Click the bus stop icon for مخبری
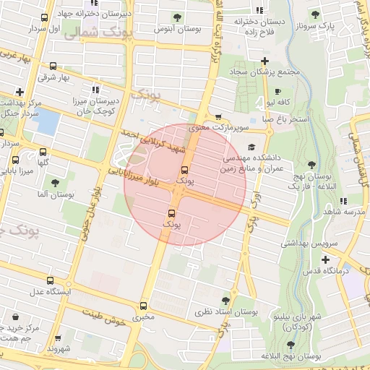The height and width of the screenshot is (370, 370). pos(143,306)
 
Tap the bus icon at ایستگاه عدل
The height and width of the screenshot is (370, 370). pos(48,280)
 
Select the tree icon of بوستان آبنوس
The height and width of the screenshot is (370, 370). pos(178,17)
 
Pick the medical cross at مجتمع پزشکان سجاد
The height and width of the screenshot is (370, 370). pos(265,61)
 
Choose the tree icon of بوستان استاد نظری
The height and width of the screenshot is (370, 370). pos(225,300)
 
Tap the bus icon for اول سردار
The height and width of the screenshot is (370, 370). pos(45,18)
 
